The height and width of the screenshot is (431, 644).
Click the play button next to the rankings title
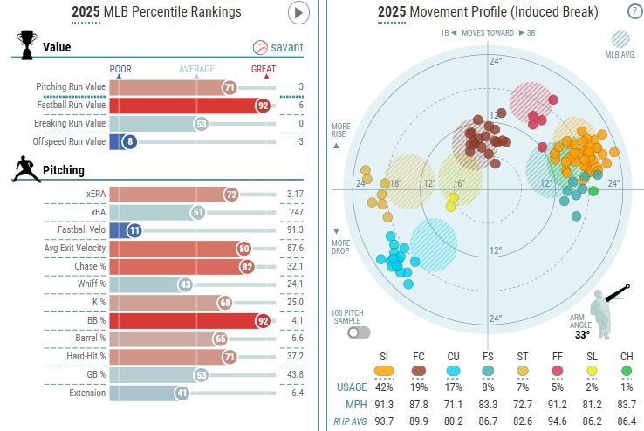coord(299,12)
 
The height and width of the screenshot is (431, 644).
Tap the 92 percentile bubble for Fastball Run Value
coord(262,105)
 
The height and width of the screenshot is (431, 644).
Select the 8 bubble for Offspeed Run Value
coord(130,141)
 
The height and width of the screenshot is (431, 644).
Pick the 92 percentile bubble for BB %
coord(262,320)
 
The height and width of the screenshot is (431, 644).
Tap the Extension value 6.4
coord(296,393)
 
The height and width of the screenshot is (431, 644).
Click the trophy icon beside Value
coord(25,44)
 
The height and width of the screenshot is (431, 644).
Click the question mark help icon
coord(634,11)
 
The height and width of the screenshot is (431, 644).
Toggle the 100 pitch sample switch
coord(357,332)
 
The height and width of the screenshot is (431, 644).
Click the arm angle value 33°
coord(582,333)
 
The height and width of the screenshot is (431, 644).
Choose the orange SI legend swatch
coord(384,370)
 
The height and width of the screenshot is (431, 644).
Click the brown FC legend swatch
coord(419,370)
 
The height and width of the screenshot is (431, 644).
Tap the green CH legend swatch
coord(627,370)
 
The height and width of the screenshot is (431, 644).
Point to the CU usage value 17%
coord(453,387)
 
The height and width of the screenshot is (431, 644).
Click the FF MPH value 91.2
coord(558,404)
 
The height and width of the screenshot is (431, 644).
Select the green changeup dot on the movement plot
coord(593,190)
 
